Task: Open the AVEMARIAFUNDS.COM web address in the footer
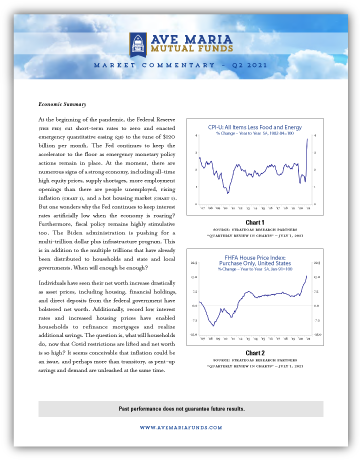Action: tap(180, 438)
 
